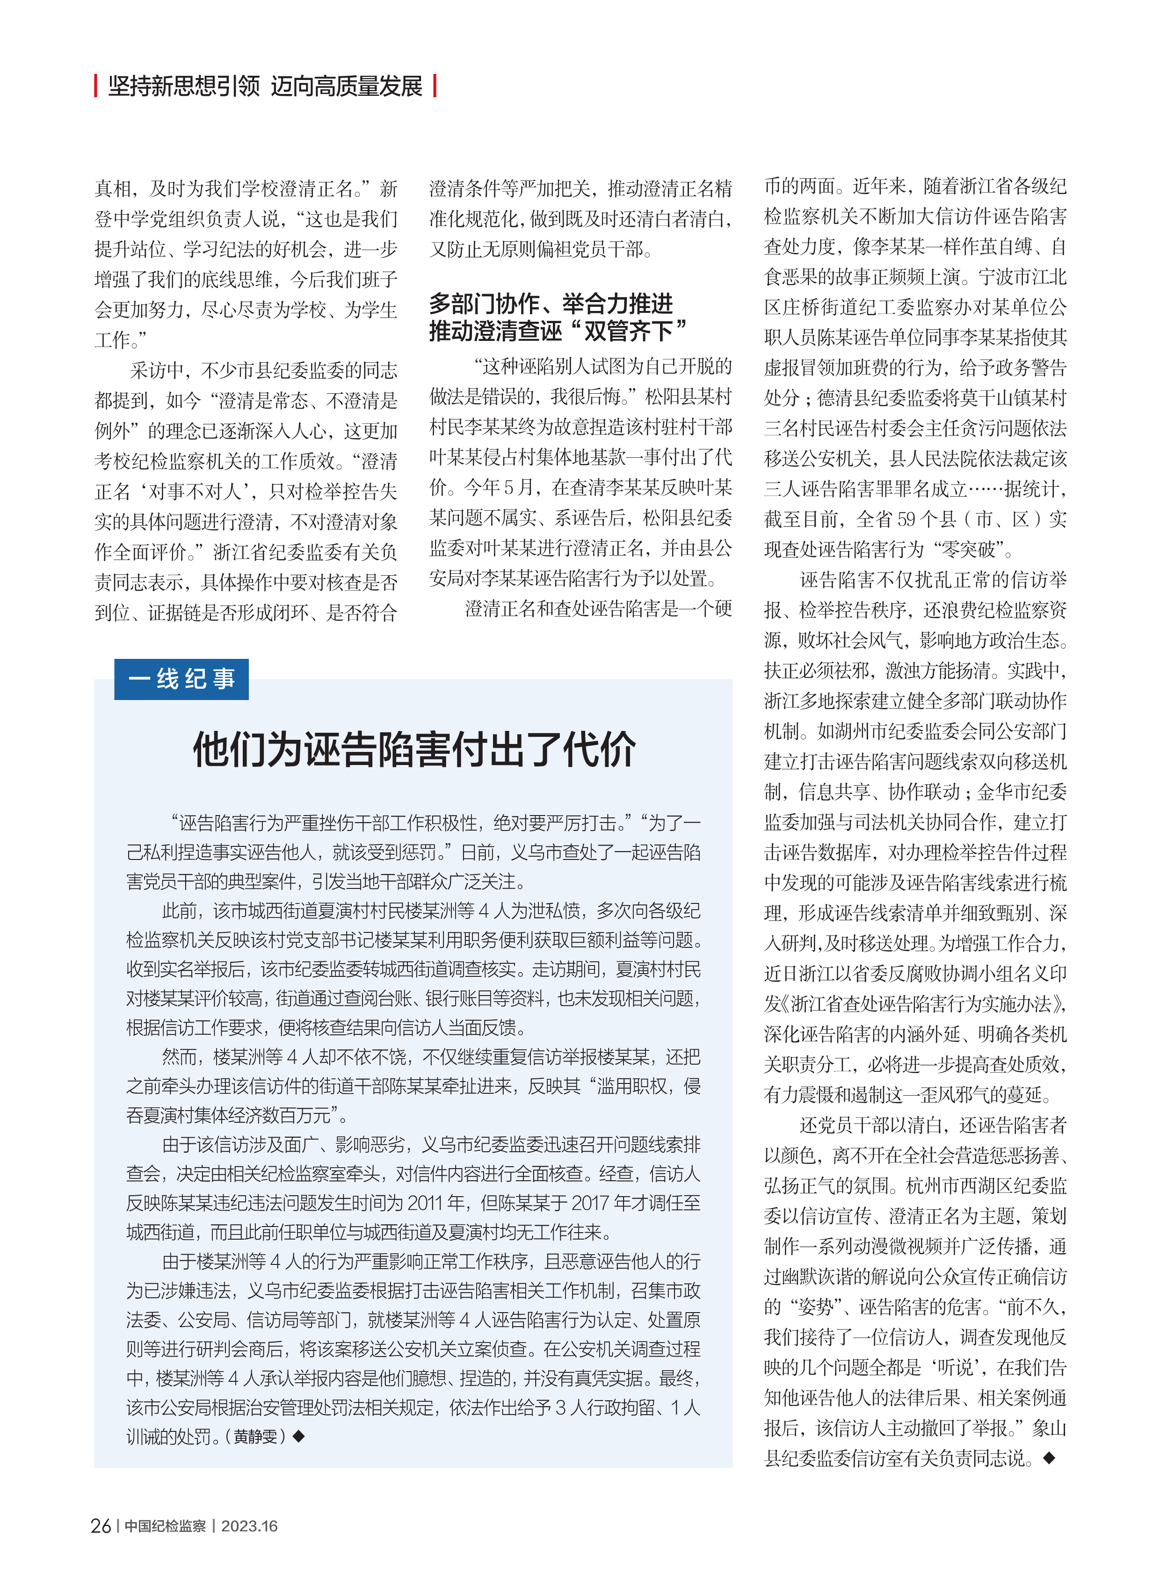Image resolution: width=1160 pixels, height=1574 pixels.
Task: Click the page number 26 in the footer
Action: click(101, 1525)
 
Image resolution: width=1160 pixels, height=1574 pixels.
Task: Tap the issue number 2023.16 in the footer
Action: click(249, 1525)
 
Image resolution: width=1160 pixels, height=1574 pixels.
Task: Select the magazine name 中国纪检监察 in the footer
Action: click(165, 1525)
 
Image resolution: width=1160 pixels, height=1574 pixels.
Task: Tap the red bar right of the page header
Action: click(435, 86)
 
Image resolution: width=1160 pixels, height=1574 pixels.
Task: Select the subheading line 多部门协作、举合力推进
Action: click(551, 304)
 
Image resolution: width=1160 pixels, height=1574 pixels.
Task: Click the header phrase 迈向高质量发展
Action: click(346, 86)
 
